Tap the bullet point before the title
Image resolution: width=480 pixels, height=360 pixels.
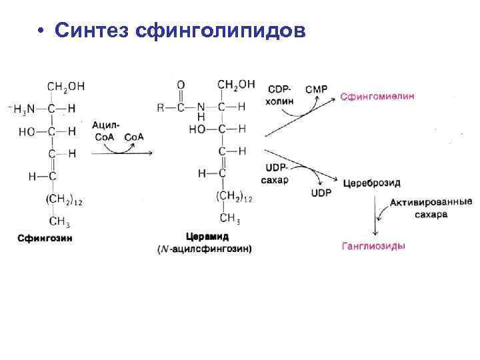(41, 32)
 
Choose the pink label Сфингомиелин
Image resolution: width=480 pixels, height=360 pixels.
(377, 96)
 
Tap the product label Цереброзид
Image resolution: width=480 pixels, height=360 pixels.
(372, 183)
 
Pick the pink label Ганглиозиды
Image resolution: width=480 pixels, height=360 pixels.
(373, 246)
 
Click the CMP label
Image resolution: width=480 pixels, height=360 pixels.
(315, 89)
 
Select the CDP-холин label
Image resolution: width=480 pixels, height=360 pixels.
(279, 95)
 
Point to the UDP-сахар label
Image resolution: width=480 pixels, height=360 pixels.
(275, 175)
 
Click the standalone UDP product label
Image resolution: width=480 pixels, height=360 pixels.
(321, 193)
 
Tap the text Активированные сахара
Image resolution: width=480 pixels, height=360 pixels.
(427, 209)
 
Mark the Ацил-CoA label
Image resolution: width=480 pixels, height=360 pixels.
(107, 131)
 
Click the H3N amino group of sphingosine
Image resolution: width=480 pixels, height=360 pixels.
(25, 109)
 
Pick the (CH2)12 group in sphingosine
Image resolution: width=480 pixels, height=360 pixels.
(65, 199)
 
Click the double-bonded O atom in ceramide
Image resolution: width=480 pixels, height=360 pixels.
(181, 85)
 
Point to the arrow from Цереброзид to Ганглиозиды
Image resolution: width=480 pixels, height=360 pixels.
(375, 213)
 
